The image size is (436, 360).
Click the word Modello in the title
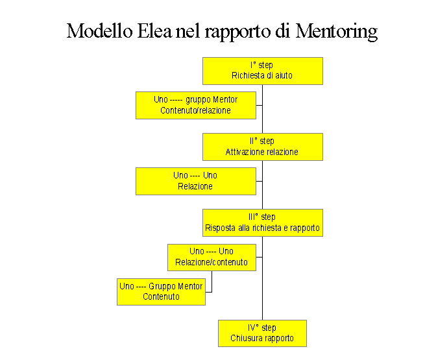pos(99,30)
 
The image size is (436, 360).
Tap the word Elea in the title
pos(154,30)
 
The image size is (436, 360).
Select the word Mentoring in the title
pos(337,32)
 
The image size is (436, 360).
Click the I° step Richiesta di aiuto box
pos(263,71)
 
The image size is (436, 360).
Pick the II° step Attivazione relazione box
pos(263,147)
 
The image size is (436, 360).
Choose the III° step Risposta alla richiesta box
pos(263,222)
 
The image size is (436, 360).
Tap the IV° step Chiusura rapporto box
pos(262,333)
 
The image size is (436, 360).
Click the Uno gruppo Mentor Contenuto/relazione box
pos(196,105)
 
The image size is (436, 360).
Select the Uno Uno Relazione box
pos(196,181)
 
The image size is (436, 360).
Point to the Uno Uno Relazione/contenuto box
pos(212,258)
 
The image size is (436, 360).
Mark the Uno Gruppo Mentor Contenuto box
pos(161,292)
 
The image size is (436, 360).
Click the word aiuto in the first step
pos(284,75)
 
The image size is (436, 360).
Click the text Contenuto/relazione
pos(195,110)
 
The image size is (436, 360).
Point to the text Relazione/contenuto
pos(212,262)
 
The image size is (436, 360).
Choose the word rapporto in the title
pos(237,32)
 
